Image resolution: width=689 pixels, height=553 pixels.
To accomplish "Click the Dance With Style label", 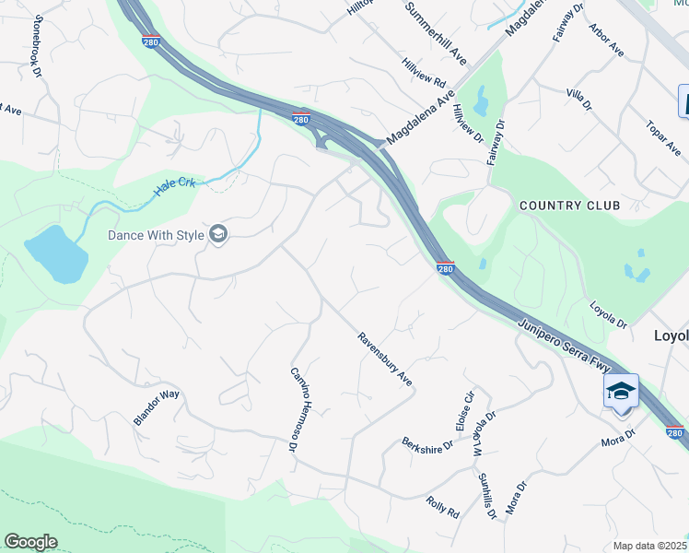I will tap(156, 235).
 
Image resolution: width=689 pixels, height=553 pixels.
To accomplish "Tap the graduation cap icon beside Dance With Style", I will tap(218, 235).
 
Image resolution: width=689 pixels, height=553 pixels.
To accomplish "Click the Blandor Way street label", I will tap(157, 407).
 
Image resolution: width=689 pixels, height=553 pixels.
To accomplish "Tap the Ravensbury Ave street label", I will tap(384, 359).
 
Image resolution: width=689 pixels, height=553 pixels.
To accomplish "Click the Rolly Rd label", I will tap(442, 506).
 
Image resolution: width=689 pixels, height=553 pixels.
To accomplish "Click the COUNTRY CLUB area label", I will tap(569, 205).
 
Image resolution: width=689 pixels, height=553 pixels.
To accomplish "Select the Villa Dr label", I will tap(578, 99).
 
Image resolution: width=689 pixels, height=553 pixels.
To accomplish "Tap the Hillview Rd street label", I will tap(423, 73).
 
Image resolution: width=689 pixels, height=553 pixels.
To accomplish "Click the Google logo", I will tap(30, 542).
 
